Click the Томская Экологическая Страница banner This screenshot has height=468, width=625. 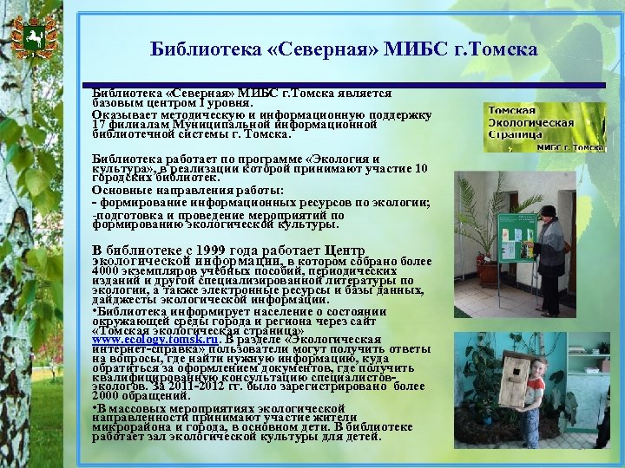click(x=545, y=127)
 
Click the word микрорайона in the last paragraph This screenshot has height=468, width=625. click(x=127, y=427)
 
